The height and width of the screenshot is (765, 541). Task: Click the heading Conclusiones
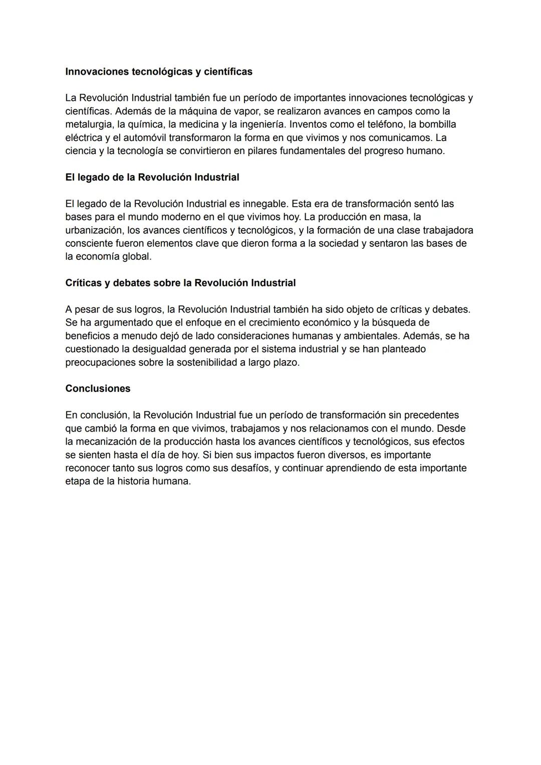coord(98,389)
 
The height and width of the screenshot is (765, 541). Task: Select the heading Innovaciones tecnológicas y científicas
coord(159,72)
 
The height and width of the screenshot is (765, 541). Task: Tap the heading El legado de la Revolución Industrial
coord(152,178)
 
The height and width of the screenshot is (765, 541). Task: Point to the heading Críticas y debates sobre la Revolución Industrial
coord(180,283)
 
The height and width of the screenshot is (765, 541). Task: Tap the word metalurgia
coord(88,124)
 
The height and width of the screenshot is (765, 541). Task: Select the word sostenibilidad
coord(205,362)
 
